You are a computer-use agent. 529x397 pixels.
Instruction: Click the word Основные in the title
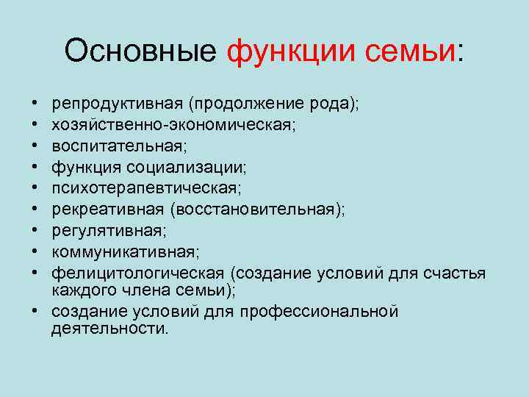pos(140,51)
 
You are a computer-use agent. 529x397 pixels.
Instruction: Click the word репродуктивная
pos(109,105)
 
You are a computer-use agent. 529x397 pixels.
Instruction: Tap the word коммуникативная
pos(122,252)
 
